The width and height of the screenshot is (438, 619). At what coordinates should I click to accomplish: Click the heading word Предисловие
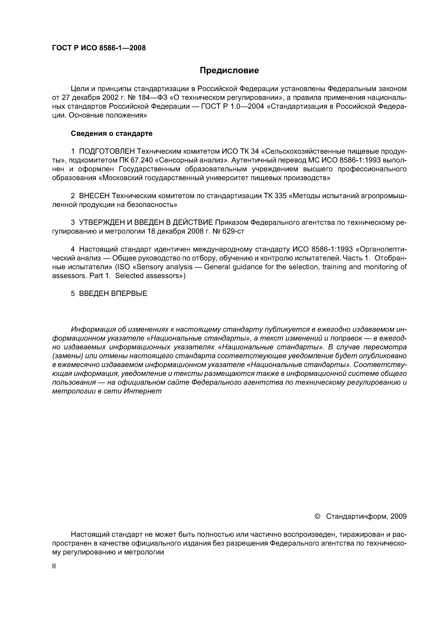tap(229, 71)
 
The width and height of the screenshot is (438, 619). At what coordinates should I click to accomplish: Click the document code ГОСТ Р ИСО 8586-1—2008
tap(99, 48)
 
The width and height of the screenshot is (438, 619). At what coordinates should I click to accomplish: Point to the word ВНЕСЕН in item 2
tap(94, 196)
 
